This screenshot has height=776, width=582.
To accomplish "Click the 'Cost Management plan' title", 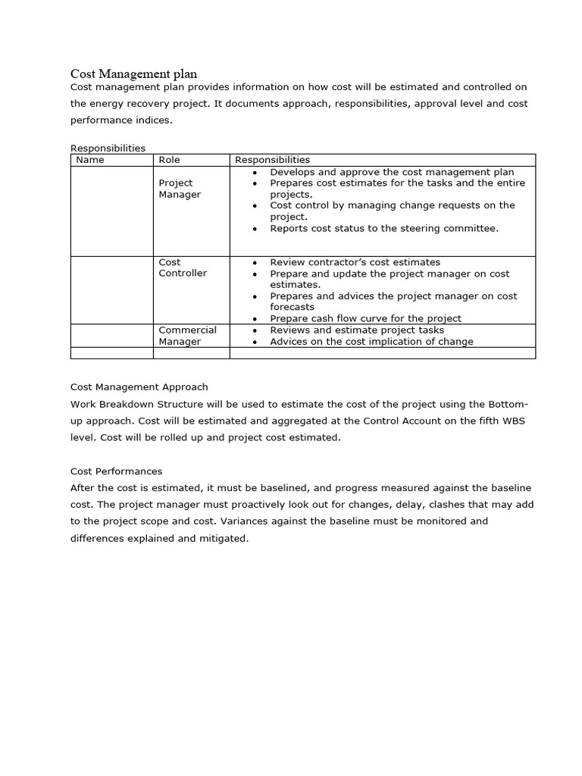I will [133, 74].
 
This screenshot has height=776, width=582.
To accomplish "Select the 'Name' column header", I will [90, 160].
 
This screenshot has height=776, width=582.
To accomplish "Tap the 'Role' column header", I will [169, 160].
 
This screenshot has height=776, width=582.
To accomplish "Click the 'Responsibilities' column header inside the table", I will [272, 160].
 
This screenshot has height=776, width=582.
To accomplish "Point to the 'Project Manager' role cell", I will [179, 189].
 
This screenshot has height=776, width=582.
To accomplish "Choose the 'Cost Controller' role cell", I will [182, 268].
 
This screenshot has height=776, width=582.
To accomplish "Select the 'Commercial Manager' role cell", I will [186, 336].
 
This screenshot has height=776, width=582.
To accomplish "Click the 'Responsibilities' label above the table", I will [108, 149].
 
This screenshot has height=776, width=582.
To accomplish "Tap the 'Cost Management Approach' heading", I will [139, 386].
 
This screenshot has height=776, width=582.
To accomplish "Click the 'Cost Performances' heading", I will [116, 471].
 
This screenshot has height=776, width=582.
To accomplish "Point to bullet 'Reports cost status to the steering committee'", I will [384, 228].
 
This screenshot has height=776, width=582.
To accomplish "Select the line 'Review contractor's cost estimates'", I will [355, 262].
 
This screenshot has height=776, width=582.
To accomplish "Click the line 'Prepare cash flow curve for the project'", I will [365, 318].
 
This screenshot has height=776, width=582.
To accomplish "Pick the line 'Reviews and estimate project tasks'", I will [357, 330].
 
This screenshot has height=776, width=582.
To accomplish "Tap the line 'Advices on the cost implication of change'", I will [371, 341].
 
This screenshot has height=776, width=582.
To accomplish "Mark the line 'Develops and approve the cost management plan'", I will [392, 172].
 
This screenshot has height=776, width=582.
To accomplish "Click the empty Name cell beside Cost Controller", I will [111, 290].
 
